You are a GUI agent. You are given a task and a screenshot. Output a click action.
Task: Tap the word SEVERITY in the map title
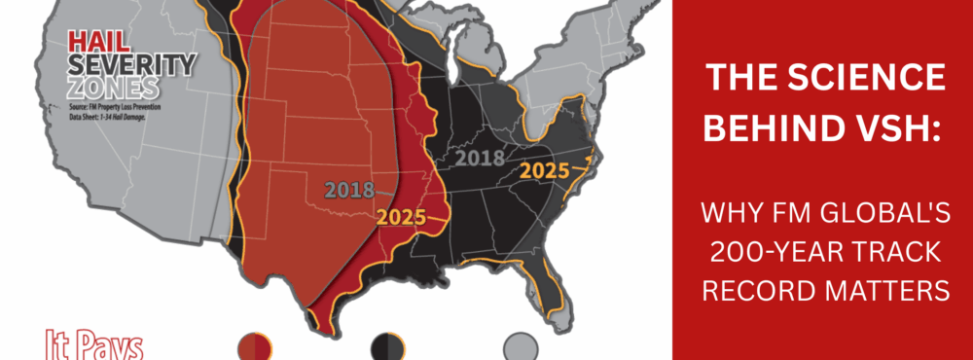pyautogui.click(x=131, y=64)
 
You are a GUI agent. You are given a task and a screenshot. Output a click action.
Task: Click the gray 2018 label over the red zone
pyautogui.click(x=349, y=190)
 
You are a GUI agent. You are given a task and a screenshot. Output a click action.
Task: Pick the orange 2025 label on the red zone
pyautogui.click(x=402, y=217)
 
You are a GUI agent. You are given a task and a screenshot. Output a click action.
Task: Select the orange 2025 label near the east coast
pyautogui.click(x=545, y=170)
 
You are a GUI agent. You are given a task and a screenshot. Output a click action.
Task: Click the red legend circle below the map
pyautogui.click(x=255, y=345)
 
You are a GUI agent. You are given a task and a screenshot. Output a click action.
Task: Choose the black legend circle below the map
pyautogui.click(x=387, y=345)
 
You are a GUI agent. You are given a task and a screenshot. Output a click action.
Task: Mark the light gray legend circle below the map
pyautogui.click(x=521, y=345)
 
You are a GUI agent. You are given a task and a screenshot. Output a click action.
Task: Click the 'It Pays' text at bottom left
pyautogui.click(x=94, y=345)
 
